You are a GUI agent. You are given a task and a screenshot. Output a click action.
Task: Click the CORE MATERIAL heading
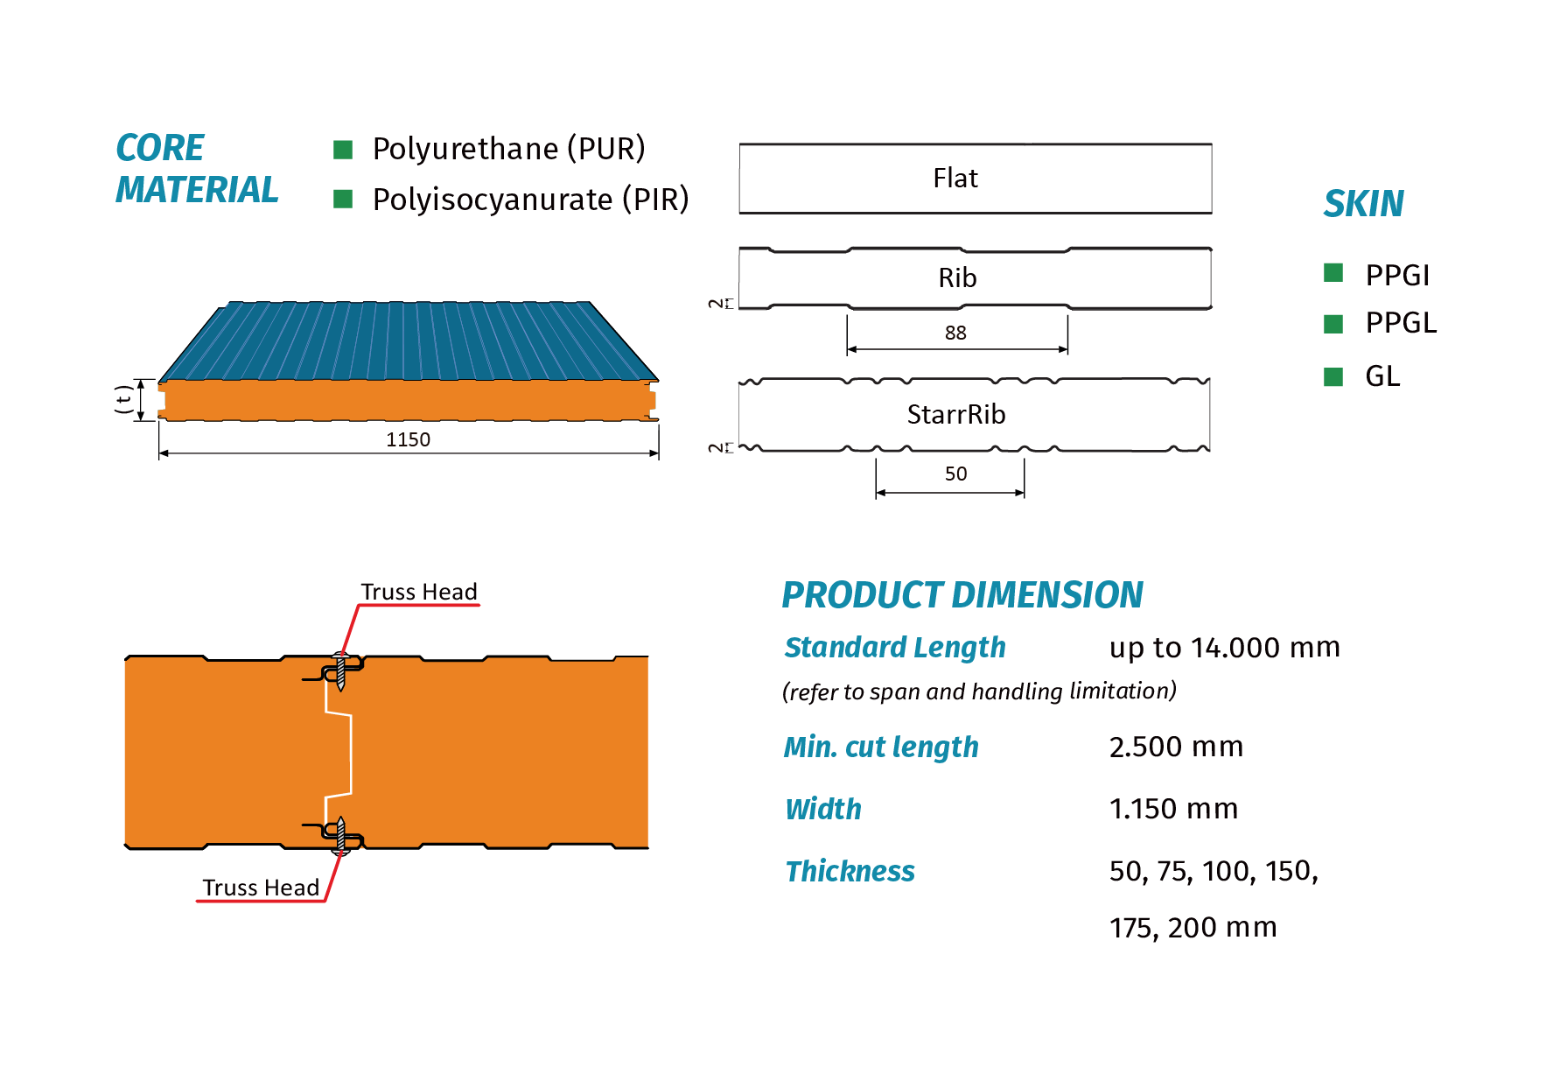(197, 168)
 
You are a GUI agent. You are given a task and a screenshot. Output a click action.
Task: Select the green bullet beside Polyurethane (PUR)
(343, 150)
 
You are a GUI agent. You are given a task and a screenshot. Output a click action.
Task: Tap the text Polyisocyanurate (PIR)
(530, 200)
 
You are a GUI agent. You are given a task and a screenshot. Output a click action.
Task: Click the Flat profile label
(955, 178)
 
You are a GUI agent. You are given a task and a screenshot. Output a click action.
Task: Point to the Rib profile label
(957, 277)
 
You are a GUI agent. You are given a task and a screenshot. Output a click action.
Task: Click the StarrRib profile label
(956, 414)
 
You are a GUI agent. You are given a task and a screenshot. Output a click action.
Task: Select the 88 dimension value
(955, 333)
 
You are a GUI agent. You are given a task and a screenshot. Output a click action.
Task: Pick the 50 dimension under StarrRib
(955, 474)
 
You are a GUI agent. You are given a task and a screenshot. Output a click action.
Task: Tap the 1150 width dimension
(409, 439)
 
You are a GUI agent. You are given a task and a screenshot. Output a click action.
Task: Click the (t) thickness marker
(123, 399)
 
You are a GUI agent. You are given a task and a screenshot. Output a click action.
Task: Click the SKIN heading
(1363, 204)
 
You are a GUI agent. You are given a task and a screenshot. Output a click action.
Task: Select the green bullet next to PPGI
(1333, 273)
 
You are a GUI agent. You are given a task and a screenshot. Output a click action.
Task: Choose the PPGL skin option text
(1401, 323)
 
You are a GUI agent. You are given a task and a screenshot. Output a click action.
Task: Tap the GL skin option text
(1382, 376)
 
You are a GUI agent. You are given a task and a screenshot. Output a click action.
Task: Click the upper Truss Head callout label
(419, 592)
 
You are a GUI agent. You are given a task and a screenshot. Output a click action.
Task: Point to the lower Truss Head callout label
(261, 888)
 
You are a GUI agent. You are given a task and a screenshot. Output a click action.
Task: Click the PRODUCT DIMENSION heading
(962, 595)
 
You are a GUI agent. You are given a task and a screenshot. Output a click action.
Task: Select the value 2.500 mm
(1176, 747)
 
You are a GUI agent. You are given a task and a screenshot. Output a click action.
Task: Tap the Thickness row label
(850, 871)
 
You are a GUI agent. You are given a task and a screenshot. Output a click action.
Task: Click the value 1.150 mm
(1173, 809)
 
